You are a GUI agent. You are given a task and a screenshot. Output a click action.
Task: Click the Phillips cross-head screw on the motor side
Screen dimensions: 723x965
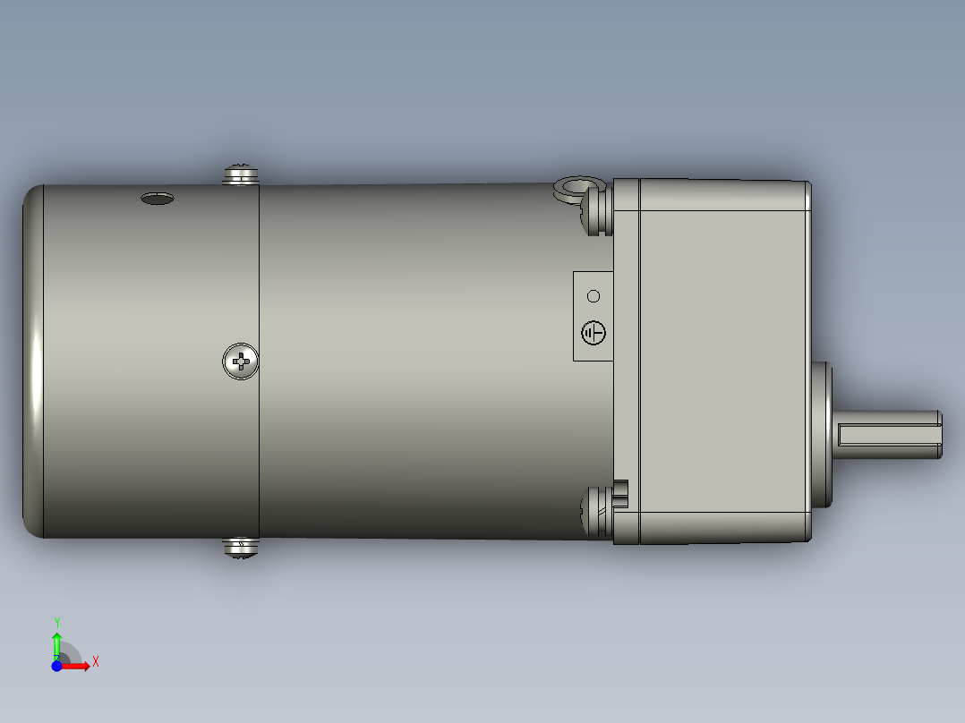coord(240,361)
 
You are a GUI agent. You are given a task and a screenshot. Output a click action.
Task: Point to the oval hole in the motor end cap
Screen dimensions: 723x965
coord(157,199)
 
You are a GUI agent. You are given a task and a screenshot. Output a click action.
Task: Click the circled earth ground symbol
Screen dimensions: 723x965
coord(594,333)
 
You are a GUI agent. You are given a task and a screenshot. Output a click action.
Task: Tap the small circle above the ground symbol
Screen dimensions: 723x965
coord(593,296)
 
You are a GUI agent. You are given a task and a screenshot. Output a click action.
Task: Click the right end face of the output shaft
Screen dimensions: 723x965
coord(941,435)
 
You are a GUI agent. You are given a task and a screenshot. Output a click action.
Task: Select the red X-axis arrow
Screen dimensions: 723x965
coord(79,666)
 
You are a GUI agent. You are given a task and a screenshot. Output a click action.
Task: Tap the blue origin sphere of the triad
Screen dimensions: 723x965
coord(57,666)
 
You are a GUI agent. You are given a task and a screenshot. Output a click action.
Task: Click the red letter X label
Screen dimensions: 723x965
coord(95,662)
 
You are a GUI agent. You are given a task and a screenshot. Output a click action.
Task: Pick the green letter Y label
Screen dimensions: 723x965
coord(56,621)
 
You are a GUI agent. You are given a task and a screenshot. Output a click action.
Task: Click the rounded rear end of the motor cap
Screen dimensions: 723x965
coord(32,361)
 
